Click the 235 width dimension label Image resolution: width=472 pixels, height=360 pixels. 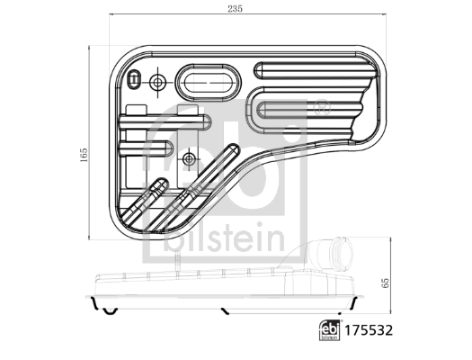(235, 8)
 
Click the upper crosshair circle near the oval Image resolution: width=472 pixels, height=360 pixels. (158, 83)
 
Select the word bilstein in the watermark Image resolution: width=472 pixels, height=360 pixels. (226, 238)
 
